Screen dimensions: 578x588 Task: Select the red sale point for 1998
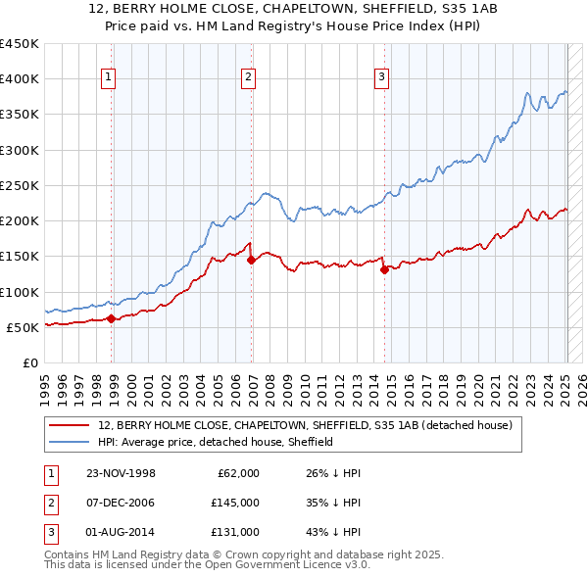(x=112, y=318)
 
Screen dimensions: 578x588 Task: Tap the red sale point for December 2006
(x=252, y=260)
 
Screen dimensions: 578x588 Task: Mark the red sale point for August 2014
(x=384, y=269)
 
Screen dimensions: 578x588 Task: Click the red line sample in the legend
(x=69, y=426)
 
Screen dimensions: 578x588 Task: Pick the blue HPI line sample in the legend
(x=69, y=442)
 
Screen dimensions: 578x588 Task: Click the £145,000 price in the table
(x=234, y=503)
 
